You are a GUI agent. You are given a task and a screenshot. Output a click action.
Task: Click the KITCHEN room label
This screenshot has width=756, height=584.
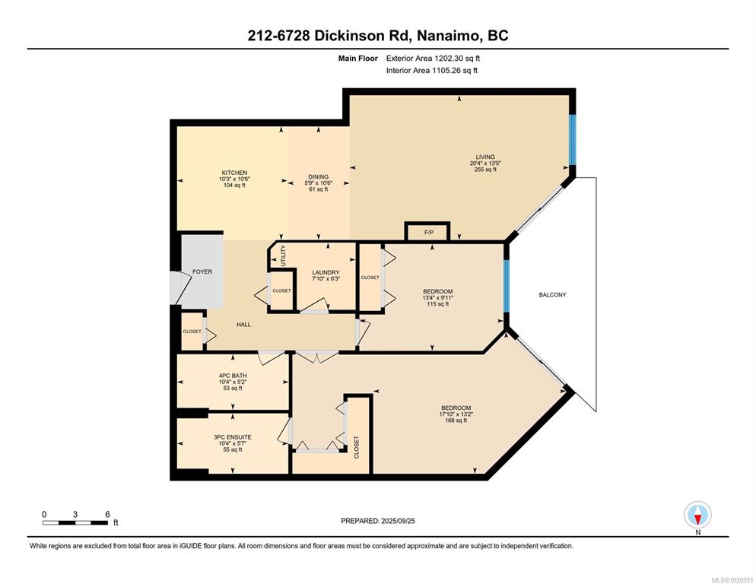pos(234,173)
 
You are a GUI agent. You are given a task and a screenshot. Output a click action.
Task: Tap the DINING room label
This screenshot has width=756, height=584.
pos(318,176)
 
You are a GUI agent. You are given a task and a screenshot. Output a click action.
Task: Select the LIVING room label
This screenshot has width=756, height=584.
pos(485,157)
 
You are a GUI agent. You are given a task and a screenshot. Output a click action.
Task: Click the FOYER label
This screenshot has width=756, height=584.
pos(202,271)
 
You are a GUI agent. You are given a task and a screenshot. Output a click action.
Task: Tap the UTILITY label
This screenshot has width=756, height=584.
pos(283,255)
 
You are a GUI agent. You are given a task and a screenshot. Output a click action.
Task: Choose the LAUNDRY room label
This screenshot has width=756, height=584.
pos(326,272)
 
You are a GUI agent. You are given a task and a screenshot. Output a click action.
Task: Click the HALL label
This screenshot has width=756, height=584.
pos(243,325)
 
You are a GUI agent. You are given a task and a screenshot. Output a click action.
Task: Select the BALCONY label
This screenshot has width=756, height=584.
pos(552,294)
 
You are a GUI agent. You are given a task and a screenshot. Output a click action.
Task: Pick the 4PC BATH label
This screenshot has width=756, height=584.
pos(233,376)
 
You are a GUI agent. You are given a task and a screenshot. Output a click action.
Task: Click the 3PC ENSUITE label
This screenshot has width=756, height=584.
pos(233,437)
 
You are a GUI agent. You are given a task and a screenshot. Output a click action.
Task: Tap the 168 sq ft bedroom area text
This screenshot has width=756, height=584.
pos(456,421)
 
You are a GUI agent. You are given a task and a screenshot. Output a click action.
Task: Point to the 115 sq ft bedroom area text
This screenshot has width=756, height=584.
pos(438,304)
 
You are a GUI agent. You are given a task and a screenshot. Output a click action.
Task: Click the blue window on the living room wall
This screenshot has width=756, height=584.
pos(572,140)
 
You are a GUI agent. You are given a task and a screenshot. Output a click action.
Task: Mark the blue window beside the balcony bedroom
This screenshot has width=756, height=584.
pos(507,286)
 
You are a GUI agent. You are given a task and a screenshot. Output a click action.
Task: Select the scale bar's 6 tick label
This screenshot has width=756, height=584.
pos(107,515)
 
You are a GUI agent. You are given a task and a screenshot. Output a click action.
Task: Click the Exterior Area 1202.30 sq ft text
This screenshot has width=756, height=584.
pos(433,59)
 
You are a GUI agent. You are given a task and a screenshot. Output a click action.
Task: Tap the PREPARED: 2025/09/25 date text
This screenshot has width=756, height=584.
pos(378,521)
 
